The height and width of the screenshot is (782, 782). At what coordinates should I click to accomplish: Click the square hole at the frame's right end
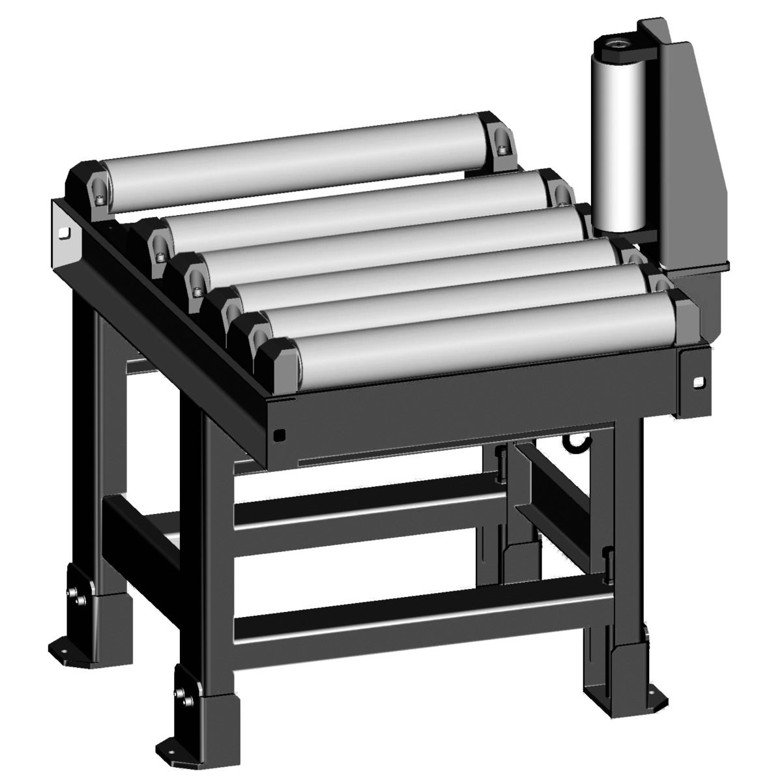pos(699,382)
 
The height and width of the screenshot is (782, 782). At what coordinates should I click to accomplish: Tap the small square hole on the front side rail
pos(279,433)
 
